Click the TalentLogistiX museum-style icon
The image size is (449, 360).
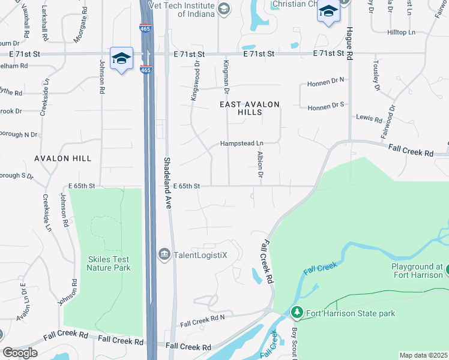coord(164,254)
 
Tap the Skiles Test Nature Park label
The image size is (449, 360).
coord(108,263)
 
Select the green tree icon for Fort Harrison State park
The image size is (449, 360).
coord(297,313)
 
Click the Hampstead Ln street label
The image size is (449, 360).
coord(242,144)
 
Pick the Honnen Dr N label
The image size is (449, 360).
coord(325,80)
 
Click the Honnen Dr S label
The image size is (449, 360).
coord(325,107)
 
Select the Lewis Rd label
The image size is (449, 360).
coord(369,118)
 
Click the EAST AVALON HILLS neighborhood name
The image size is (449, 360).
coord(249,109)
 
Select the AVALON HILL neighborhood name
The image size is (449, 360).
coord(62,158)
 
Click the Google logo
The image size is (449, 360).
coord(20,353)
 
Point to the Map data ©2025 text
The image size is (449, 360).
coord(423,355)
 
